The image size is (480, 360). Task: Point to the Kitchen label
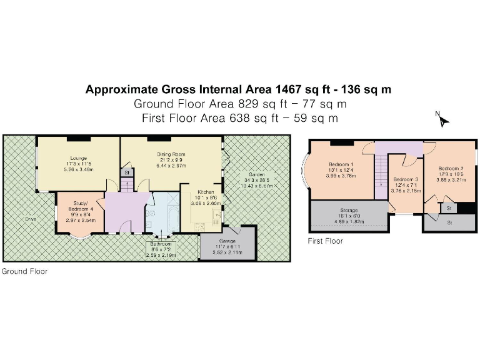(206, 192)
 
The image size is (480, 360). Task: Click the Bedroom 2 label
(451, 169)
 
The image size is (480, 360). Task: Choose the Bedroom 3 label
(406, 181)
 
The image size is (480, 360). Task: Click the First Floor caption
(325, 241)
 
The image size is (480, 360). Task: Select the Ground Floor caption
(24, 271)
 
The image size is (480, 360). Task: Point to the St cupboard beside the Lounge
(126, 172)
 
